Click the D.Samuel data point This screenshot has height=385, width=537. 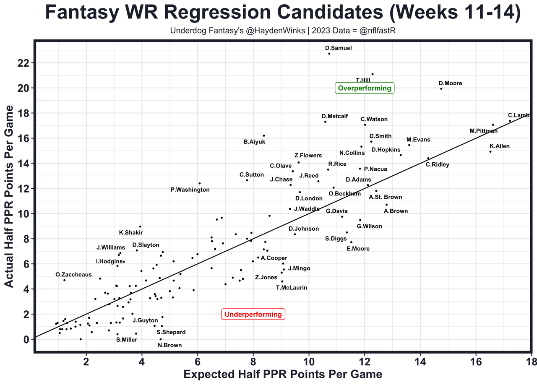click(x=329, y=54)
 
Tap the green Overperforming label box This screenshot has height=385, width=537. click(x=365, y=88)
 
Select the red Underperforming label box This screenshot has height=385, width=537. click(x=253, y=314)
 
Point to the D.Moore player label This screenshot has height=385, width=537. click(x=450, y=83)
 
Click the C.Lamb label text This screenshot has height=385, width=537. click(x=519, y=115)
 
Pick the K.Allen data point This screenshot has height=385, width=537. click(x=490, y=151)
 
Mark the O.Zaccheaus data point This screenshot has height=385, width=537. click(x=64, y=280)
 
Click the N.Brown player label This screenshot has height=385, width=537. click(x=170, y=346)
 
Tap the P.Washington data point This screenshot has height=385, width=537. click(x=200, y=183)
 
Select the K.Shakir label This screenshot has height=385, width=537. click(x=131, y=233)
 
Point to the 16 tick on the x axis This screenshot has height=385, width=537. click(x=476, y=362)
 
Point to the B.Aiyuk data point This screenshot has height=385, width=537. click(x=264, y=135)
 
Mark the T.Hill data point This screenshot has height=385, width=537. click(x=373, y=74)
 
